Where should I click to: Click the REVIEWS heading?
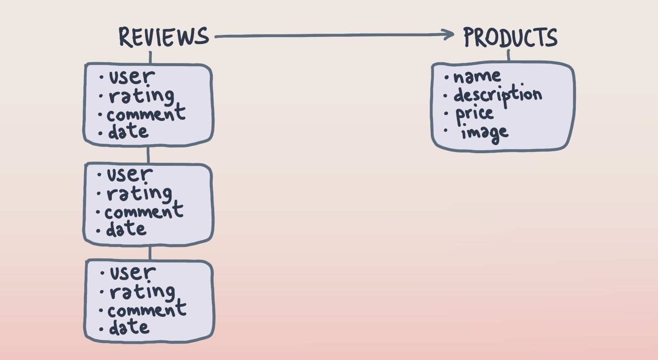[x=164, y=37]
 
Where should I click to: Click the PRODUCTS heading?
[x=510, y=37]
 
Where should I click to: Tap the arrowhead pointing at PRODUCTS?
[x=449, y=35]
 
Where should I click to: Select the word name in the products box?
[x=477, y=77]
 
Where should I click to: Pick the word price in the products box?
[x=474, y=114]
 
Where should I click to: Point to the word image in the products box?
[x=484, y=132]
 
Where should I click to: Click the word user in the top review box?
[x=131, y=77]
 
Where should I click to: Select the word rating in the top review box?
[x=141, y=96]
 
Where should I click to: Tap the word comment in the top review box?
[x=146, y=114]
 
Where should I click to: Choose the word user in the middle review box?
[x=129, y=175]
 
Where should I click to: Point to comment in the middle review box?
[x=144, y=212]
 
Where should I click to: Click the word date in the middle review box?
[x=126, y=229]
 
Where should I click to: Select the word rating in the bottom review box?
[x=142, y=292]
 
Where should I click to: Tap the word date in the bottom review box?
[x=129, y=328]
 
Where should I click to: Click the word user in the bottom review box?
[x=132, y=273]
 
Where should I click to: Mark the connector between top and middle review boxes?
[x=148, y=155]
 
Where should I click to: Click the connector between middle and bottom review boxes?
[x=150, y=252]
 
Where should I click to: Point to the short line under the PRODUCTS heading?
[x=508, y=56]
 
